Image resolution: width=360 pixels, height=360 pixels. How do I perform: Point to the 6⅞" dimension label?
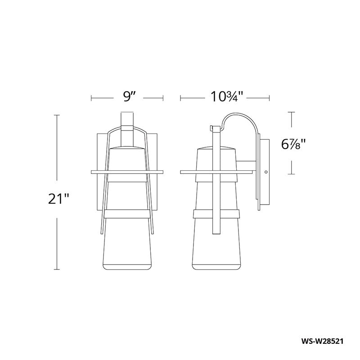click(x=293, y=145)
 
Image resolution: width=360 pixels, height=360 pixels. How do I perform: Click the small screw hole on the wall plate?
click(x=266, y=172)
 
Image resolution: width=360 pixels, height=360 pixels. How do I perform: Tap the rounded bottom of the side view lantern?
click(x=217, y=267)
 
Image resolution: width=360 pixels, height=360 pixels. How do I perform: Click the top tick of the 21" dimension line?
click(x=57, y=115)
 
